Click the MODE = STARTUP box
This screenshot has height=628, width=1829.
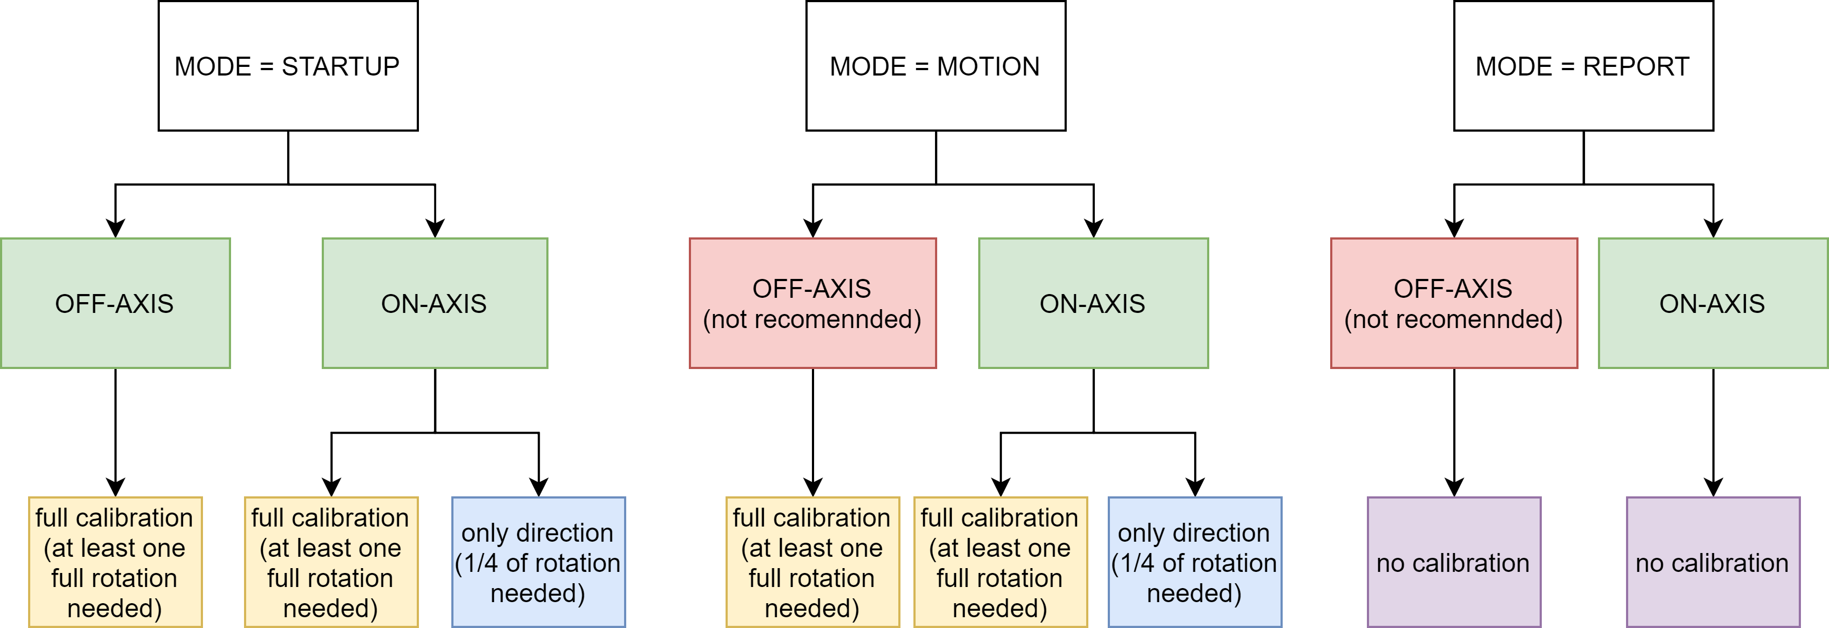[x=288, y=66]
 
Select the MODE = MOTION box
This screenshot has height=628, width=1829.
[x=935, y=66]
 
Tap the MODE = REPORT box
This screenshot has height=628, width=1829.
[x=1583, y=66]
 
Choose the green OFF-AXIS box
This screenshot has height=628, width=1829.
[x=115, y=303]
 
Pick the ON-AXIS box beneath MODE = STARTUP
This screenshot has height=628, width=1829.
[x=435, y=303]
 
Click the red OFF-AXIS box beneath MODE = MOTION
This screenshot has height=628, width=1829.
[x=812, y=303]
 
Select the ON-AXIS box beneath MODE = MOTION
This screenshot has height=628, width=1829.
[x=1093, y=303]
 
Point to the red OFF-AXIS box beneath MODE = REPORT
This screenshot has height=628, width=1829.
[x=1453, y=303]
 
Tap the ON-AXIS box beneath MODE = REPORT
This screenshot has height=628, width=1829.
[x=1712, y=303]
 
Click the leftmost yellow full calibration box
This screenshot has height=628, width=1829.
[x=115, y=562]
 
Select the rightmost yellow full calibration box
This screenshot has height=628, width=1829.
[x=1000, y=562]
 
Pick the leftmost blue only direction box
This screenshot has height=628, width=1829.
[x=538, y=562]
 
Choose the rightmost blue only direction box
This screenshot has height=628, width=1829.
[x=1194, y=562]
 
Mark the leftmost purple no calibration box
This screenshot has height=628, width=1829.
[x=1453, y=562]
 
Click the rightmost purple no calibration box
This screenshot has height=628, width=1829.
[x=1712, y=562]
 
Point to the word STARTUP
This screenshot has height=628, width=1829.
[x=340, y=67]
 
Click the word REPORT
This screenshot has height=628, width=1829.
[x=1636, y=67]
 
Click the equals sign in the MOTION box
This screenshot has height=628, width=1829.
[x=922, y=67]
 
